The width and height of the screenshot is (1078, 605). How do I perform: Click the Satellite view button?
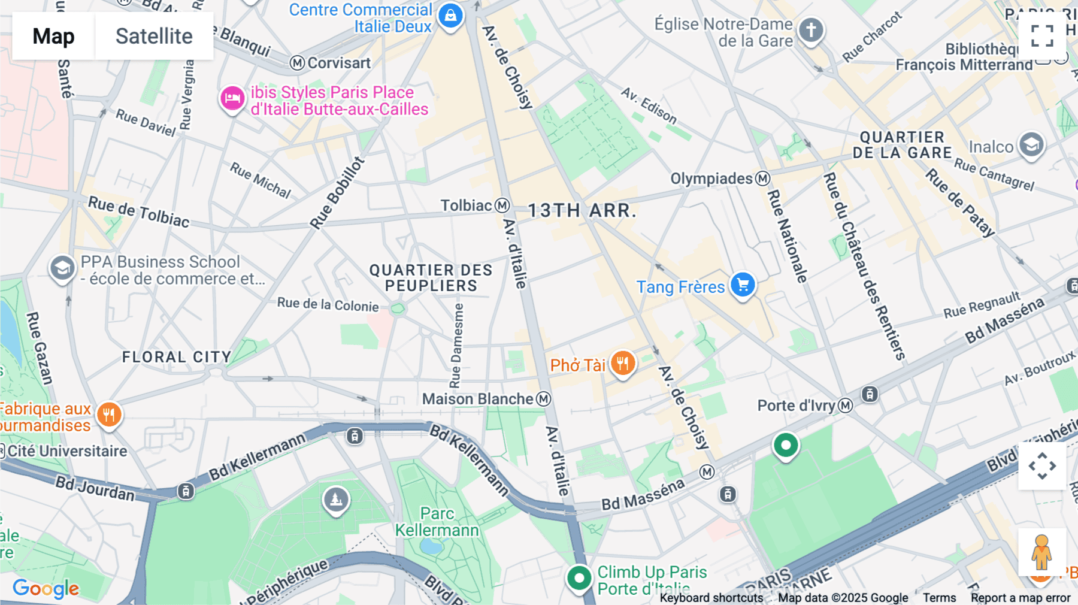coord(154,36)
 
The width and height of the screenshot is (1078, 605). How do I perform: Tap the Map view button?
coord(53,36)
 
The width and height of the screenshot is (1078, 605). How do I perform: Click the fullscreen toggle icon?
coord(1042,36)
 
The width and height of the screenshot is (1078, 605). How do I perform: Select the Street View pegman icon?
coord(1041,552)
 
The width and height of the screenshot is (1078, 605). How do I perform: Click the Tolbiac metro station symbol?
coord(502,205)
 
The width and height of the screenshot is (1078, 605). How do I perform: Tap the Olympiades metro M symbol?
coord(762,179)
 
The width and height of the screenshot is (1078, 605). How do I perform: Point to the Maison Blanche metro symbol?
coord(543,399)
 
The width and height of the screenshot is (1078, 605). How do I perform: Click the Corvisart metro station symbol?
coord(297,63)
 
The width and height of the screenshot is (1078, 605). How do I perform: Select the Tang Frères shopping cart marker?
coord(743,285)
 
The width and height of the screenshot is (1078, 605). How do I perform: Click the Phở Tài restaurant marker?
coord(623,363)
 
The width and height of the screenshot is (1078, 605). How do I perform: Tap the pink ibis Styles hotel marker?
coord(232,98)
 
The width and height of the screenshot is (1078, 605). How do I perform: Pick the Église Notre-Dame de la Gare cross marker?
coord(811,30)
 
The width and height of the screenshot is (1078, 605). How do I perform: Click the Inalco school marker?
coord(1031,145)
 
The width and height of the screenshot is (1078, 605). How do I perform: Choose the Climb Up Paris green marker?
coord(579,579)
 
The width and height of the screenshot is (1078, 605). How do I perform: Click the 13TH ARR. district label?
coord(581,211)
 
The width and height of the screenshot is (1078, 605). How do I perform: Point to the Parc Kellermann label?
coord(437,522)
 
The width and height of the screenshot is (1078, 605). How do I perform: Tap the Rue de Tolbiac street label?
coord(138,212)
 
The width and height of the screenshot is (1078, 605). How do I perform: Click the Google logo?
coord(46,589)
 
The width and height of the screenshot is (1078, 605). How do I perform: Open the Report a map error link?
coord(1020,598)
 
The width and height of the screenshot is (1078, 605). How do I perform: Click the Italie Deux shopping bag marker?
coord(450,16)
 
